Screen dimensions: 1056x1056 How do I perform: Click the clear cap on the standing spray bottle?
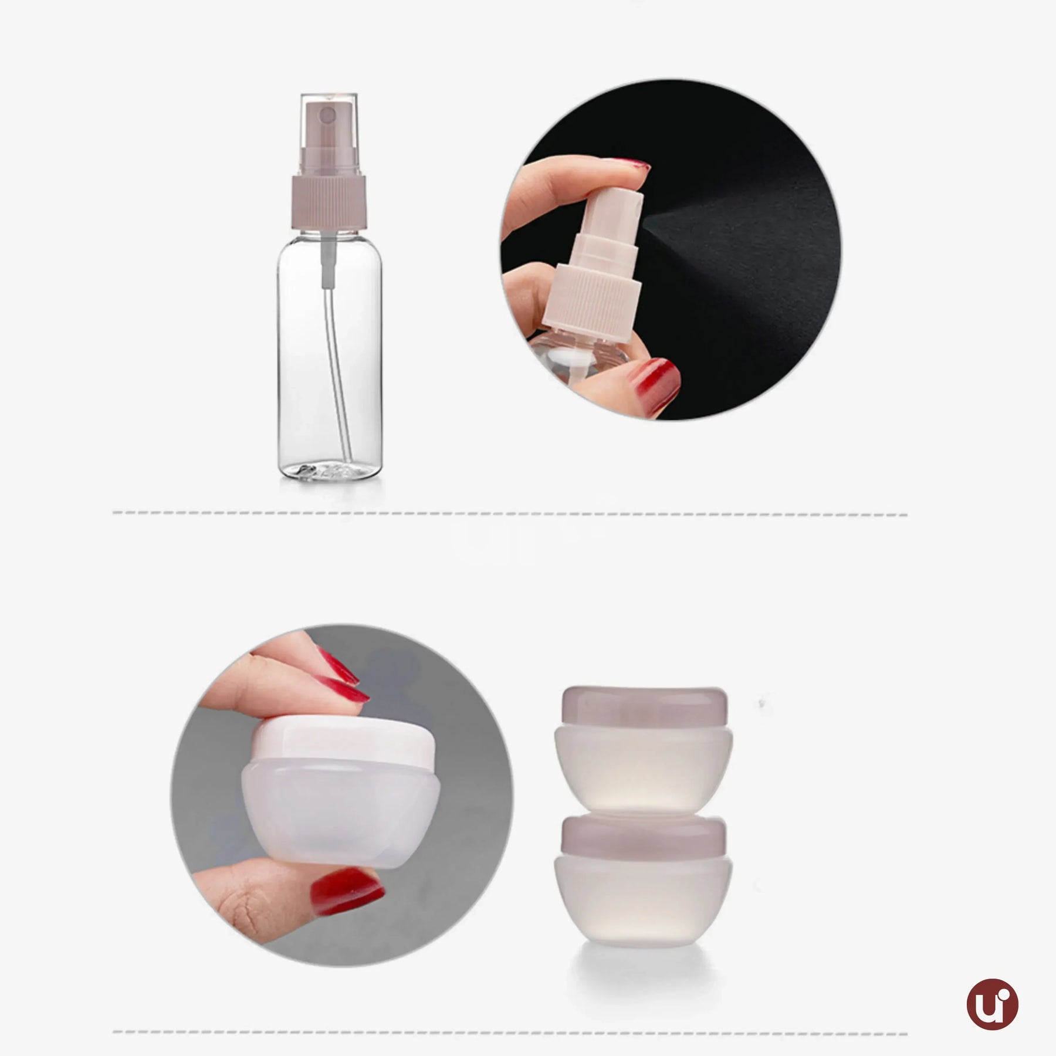pos(329,126)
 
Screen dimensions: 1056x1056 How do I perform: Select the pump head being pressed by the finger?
pos(610,211)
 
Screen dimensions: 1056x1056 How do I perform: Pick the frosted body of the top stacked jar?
pos(643,763)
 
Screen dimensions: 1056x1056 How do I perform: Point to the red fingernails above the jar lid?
pos(340,675)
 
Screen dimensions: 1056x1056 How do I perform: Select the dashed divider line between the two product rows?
pos(510,513)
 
